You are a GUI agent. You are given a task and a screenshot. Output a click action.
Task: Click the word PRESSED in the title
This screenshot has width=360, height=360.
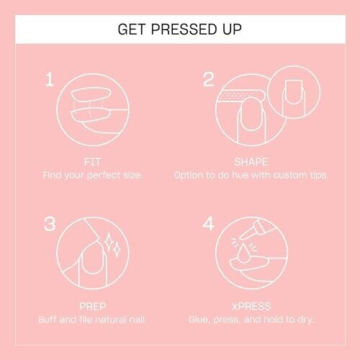pyautogui.click(x=184, y=30)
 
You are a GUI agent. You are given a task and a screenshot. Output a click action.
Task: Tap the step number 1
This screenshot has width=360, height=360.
pyautogui.click(x=50, y=79)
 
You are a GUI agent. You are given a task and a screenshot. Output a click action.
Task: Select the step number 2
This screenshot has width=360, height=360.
pyautogui.click(x=208, y=79)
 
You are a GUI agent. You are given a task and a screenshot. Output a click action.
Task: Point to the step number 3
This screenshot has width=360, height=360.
pyautogui.click(x=50, y=224)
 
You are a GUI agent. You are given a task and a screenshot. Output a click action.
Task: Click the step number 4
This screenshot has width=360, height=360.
pyautogui.click(x=208, y=224)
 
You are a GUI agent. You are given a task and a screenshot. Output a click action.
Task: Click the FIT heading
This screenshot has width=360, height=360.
pyautogui.click(x=92, y=162)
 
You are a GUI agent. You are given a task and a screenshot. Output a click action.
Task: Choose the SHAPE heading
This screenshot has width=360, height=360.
pyautogui.click(x=251, y=162)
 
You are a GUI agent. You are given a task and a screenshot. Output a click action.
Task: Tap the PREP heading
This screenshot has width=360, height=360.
pyautogui.click(x=93, y=307)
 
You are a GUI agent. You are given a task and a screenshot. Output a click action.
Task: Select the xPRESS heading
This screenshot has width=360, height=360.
pyautogui.click(x=251, y=307)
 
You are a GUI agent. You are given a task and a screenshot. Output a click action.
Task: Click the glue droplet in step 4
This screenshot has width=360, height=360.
pyautogui.click(x=243, y=253)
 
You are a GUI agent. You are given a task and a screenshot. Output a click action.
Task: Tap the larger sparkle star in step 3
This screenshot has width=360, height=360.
pyautogui.click(x=109, y=242)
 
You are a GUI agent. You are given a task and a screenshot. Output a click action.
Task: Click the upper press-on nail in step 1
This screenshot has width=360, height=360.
pyautogui.click(x=91, y=95)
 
